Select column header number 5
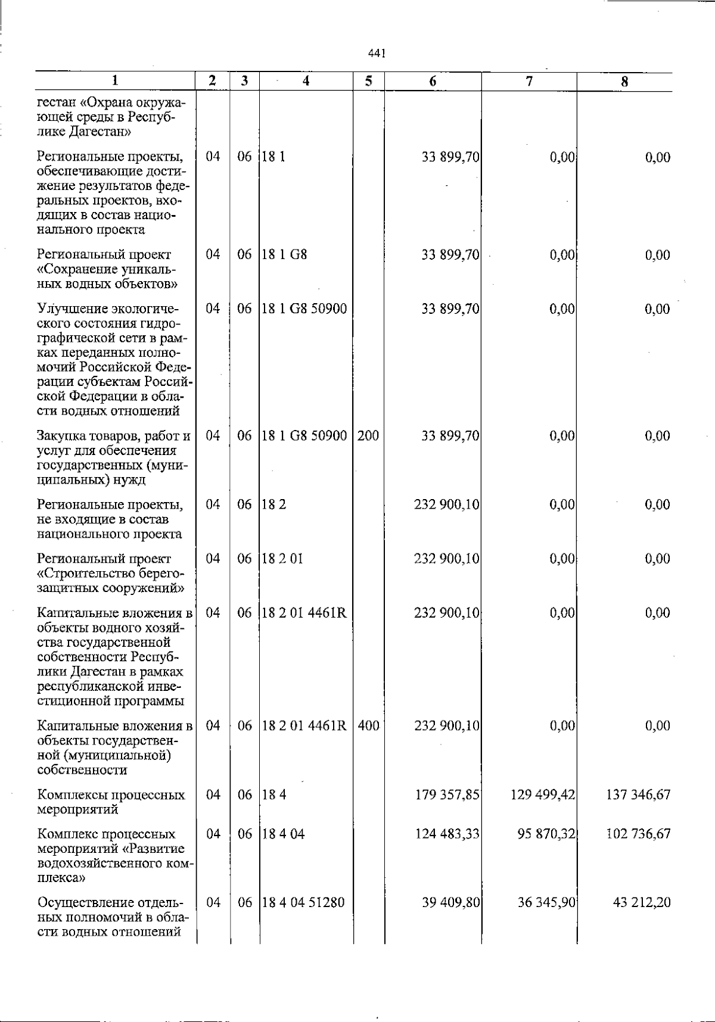[369, 82]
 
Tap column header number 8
[624, 82]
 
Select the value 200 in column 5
[368, 436]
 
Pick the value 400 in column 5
[368, 726]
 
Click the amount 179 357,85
[447, 795]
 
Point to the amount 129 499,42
[543, 795]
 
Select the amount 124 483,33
[447, 834]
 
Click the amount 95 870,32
[546, 834]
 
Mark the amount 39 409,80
[451, 902]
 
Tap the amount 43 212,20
[642, 902]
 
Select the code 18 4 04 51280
[303, 902]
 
